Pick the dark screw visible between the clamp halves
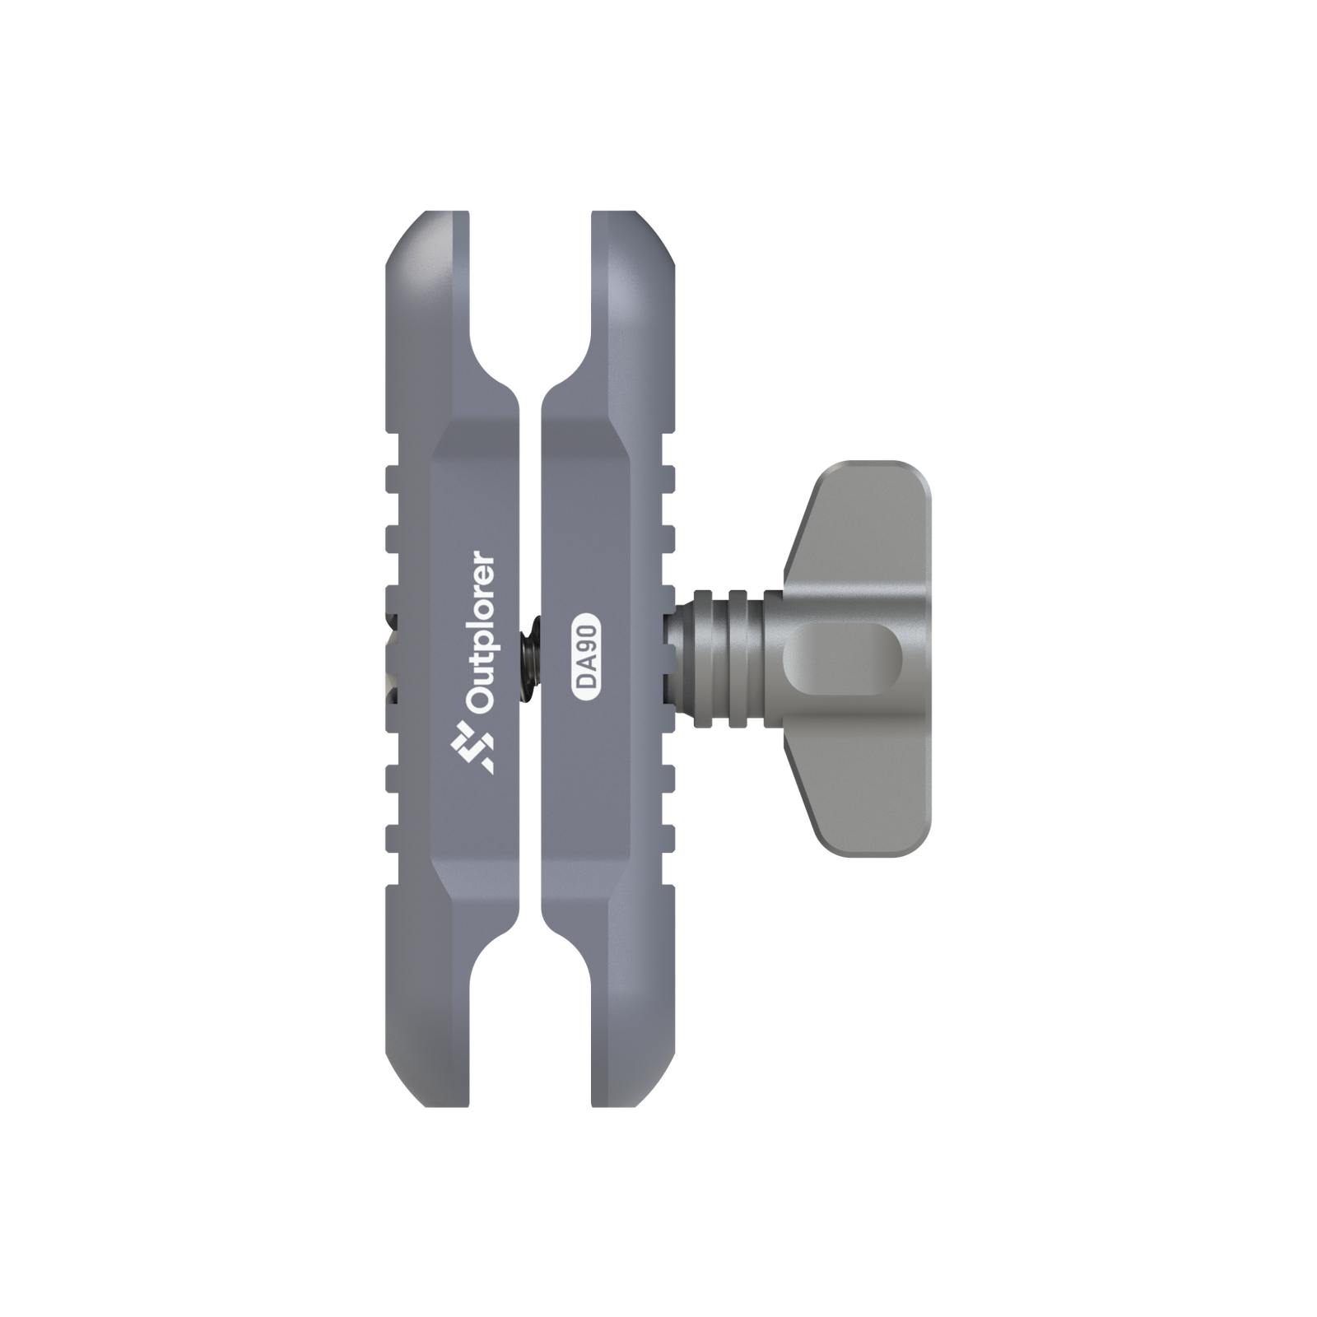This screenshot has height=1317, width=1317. pos(531,658)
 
